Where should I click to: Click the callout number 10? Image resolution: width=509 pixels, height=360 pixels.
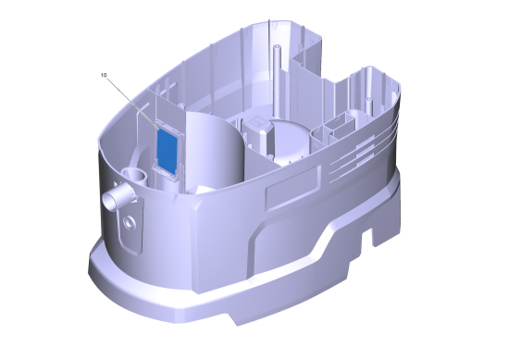click(x=104, y=75)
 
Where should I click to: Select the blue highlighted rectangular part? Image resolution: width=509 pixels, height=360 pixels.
click(x=168, y=149)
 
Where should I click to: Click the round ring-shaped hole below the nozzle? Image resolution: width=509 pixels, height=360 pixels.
click(x=130, y=223)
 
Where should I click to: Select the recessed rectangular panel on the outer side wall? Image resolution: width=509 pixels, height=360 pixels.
click(x=293, y=187)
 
